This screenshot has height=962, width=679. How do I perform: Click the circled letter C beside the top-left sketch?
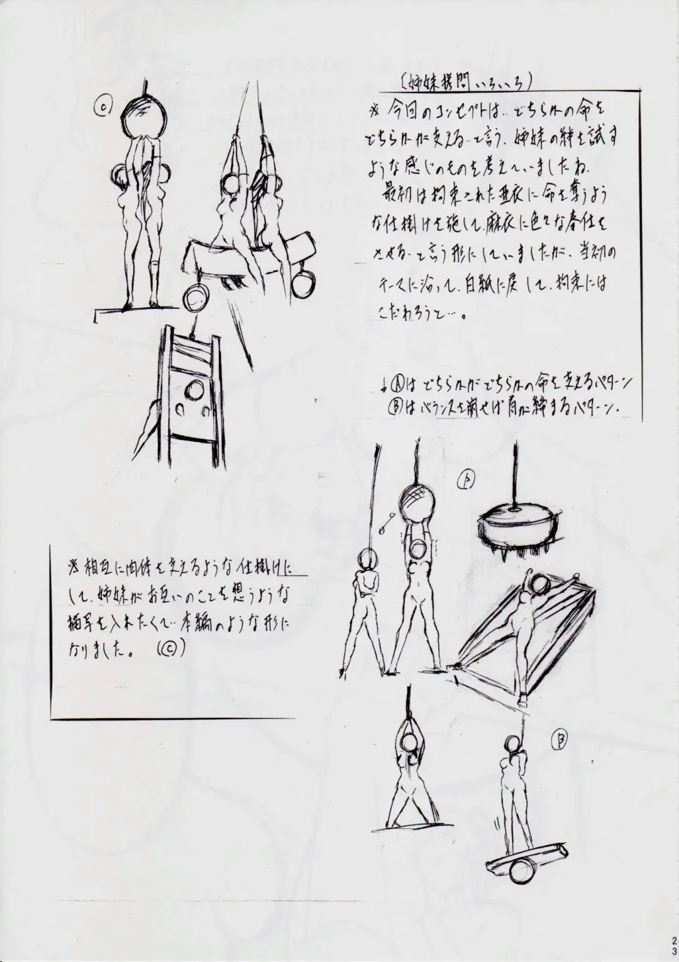coord(103,108)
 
